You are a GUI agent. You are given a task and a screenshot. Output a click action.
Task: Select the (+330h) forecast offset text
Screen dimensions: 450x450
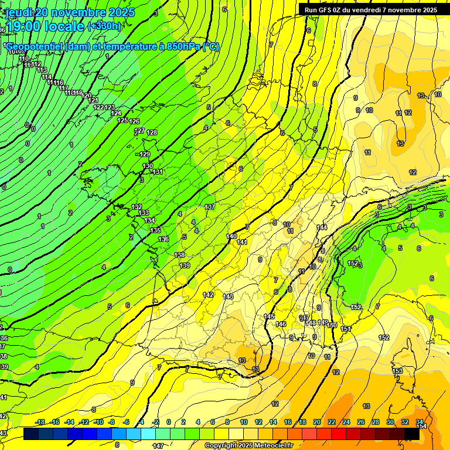tap(104, 26)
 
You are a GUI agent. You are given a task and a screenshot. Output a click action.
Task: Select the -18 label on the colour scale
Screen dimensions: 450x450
tap(40, 422)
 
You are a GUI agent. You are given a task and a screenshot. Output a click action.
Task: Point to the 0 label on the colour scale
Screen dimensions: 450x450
tap(169, 422)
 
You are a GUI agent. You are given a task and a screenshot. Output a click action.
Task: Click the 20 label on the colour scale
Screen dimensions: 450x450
tap(317, 422)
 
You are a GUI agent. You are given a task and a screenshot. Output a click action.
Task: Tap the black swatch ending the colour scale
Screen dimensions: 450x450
tap(412, 434)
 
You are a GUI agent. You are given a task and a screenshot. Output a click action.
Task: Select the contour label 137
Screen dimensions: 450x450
tap(210, 207)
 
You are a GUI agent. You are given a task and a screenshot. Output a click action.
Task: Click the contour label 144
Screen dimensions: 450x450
tap(322, 227)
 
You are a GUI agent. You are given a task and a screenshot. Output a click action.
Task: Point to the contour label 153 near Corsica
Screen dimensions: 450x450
tap(397, 371)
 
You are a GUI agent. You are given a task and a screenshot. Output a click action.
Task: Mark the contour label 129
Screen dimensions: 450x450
tap(145, 154)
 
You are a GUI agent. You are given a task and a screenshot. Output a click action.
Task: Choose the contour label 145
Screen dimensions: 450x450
tap(269, 316)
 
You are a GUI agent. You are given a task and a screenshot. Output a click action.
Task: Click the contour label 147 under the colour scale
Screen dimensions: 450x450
tap(158, 446)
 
